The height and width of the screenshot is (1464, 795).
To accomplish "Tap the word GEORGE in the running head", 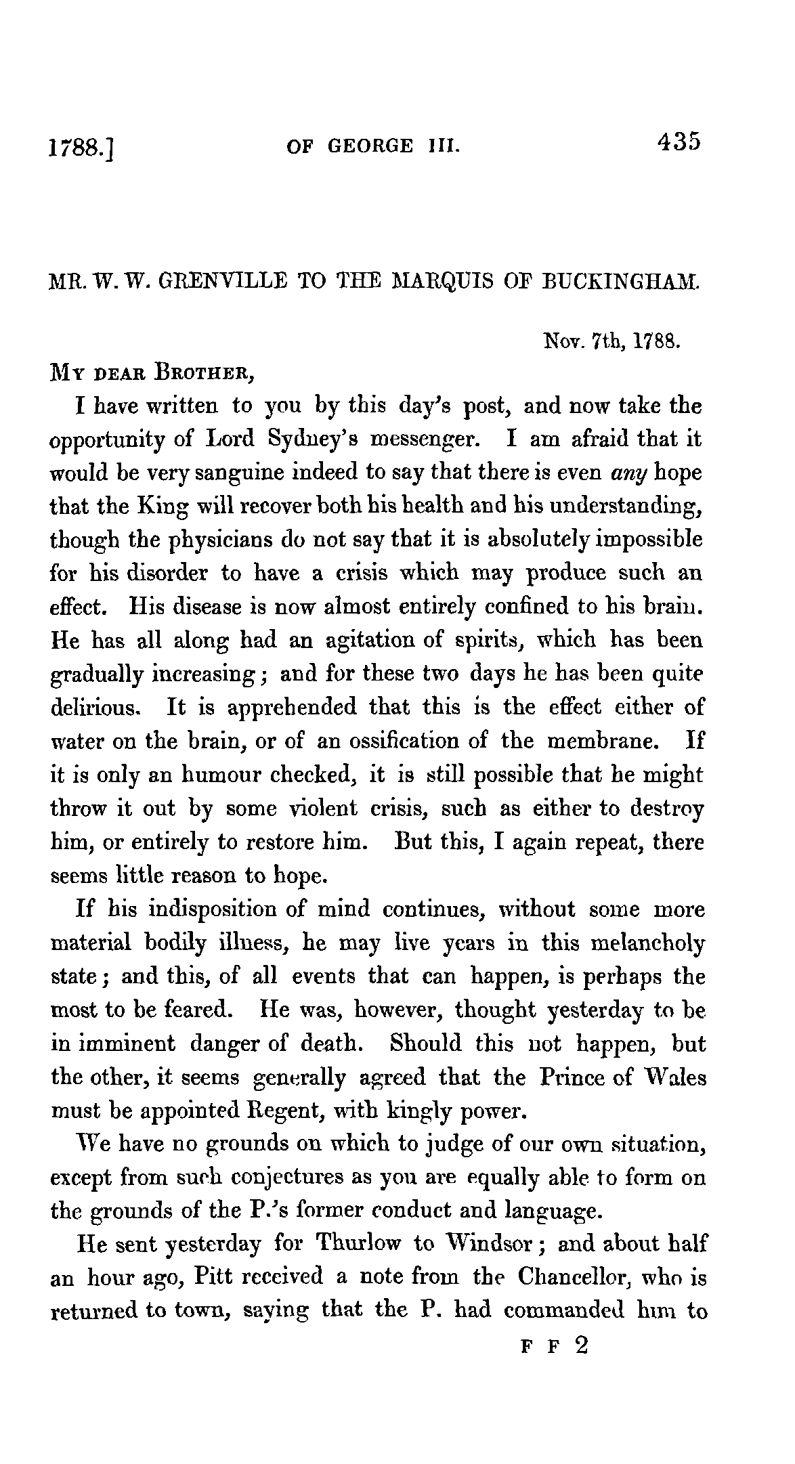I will (x=370, y=146).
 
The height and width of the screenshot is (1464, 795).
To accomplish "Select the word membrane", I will (x=602, y=741).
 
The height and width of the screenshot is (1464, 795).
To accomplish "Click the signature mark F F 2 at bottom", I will (x=554, y=1345).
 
